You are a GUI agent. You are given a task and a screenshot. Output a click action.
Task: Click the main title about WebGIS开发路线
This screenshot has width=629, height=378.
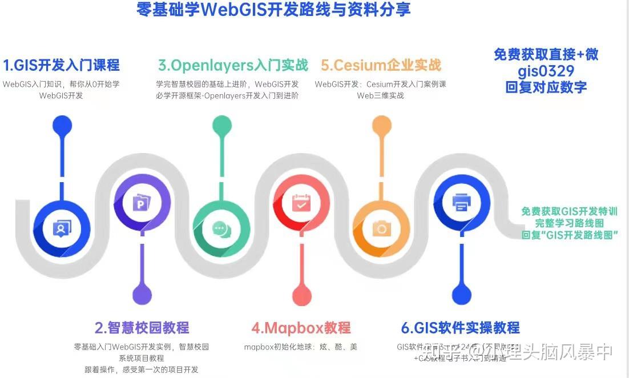point(274,10)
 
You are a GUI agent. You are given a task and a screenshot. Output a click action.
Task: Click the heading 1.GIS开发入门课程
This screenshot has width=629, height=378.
point(62,65)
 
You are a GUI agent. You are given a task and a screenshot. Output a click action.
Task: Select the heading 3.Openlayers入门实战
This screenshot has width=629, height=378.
point(233,65)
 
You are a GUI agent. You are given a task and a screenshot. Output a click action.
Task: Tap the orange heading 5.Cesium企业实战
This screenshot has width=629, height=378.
point(381,65)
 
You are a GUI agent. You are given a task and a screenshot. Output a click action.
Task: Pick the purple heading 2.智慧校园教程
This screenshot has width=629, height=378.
point(142,328)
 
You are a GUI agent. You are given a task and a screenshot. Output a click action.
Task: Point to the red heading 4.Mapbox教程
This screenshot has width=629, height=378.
point(301,328)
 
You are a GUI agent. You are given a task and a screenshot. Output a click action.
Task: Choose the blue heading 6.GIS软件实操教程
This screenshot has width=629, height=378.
point(460,328)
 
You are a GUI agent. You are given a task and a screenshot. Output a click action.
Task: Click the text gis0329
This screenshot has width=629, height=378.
point(546,71)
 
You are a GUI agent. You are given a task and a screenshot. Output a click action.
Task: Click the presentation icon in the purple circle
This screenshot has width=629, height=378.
point(141,203)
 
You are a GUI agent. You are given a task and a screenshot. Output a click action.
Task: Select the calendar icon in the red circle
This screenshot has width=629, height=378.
point(301,203)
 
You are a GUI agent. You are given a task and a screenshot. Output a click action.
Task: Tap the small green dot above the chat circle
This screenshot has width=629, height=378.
point(221,125)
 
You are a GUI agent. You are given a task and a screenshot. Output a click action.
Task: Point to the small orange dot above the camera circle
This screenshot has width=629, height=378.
point(381,125)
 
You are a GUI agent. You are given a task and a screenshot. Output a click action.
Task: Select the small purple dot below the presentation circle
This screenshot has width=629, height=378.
point(142,294)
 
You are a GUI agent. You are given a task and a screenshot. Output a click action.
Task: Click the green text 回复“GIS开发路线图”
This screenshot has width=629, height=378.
point(570,235)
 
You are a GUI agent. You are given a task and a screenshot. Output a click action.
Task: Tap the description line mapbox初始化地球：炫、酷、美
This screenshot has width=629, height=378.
point(301,347)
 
